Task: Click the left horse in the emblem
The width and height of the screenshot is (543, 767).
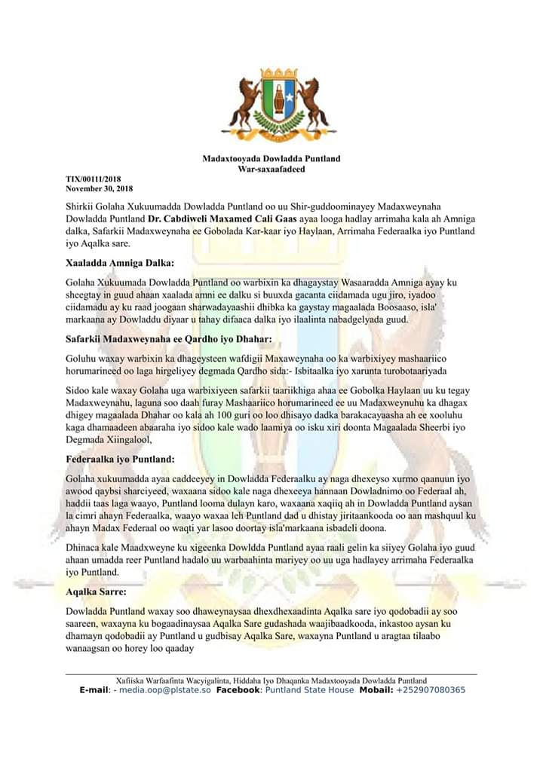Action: pyautogui.click(x=244, y=110)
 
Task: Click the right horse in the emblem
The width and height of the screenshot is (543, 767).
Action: pyautogui.click(x=311, y=110)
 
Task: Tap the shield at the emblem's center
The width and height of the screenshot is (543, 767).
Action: pyautogui.click(x=278, y=105)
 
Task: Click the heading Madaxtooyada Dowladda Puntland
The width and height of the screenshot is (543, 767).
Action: pyautogui.click(x=271, y=158)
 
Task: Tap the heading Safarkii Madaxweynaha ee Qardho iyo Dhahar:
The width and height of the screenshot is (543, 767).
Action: pyautogui.click(x=168, y=341)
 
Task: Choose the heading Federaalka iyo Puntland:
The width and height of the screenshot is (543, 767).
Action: pyautogui.click(x=121, y=459)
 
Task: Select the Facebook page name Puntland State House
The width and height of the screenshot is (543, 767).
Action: pyautogui.click(x=308, y=690)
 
